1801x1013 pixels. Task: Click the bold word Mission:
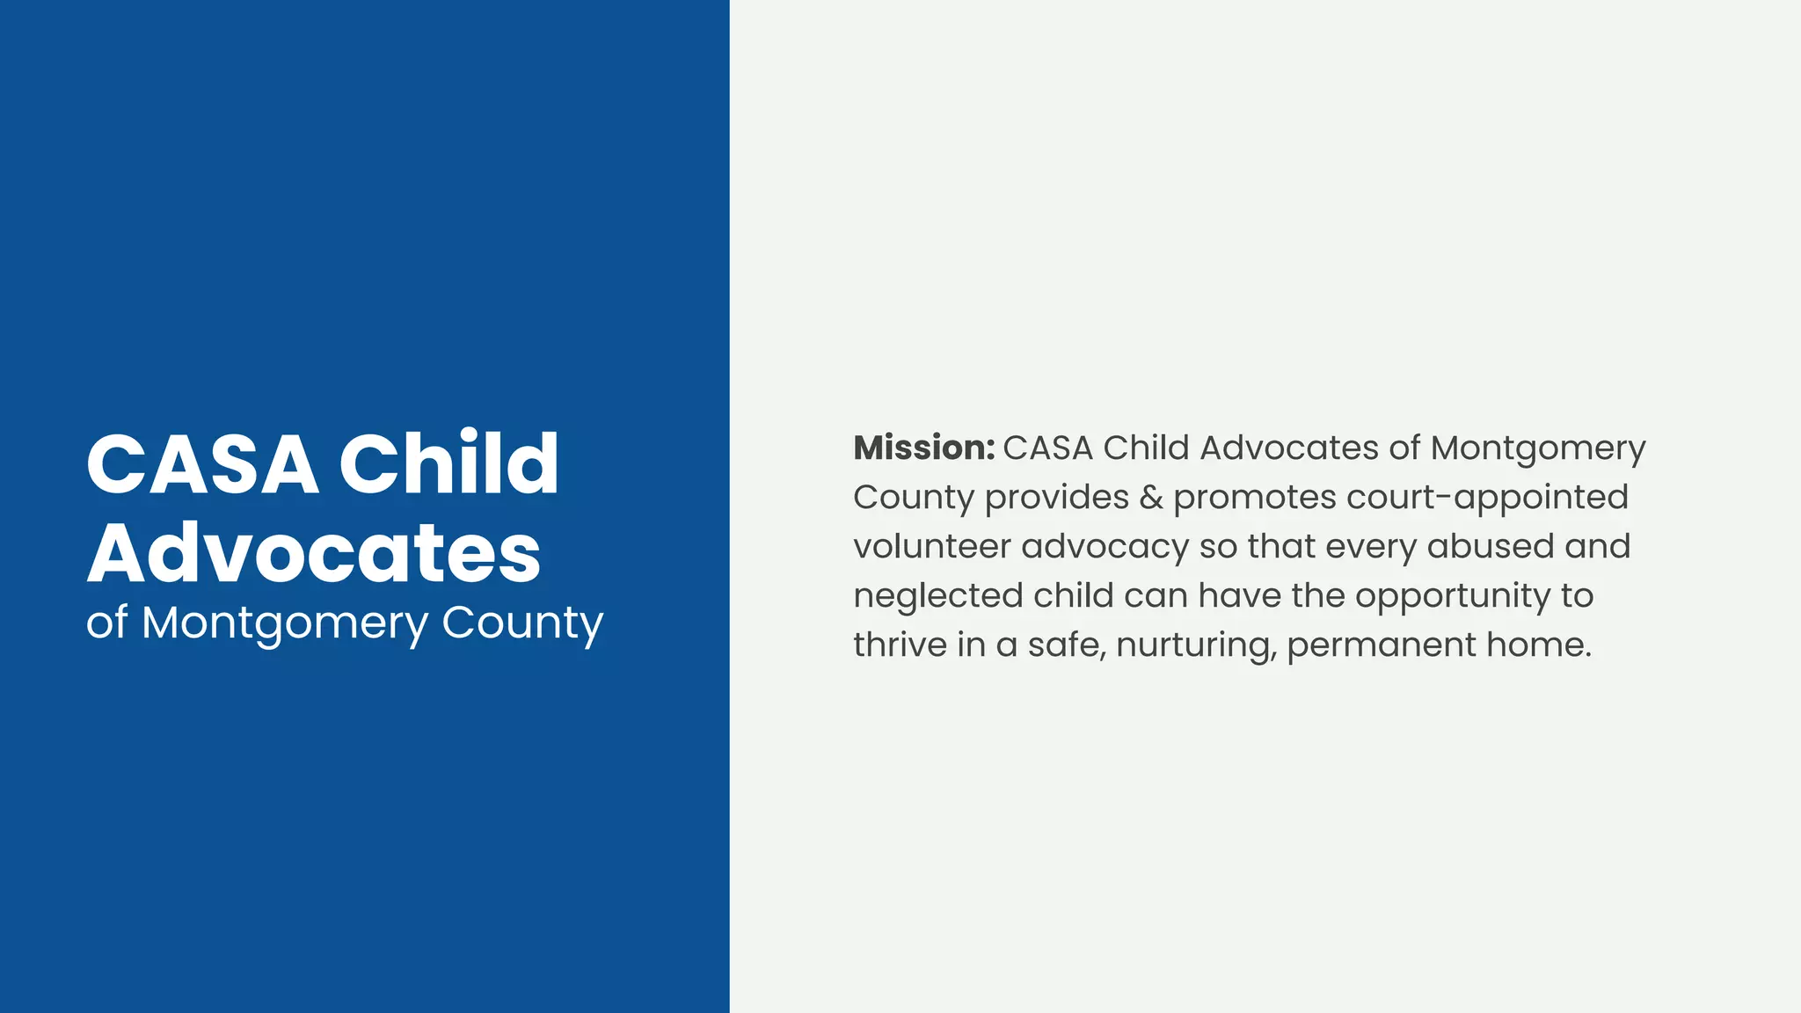click(x=923, y=448)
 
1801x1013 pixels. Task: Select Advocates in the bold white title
click(x=314, y=554)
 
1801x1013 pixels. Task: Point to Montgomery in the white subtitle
click(x=284, y=624)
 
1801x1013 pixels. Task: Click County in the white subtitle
click(x=522, y=624)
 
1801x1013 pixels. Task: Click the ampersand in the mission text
click(x=1151, y=498)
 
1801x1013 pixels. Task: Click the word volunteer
click(x=932, y=547)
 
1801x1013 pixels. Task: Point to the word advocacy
click(x=1105, y=547)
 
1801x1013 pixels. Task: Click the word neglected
click(x=938, y=596)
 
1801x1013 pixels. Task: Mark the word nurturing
click(x=1196, y=645)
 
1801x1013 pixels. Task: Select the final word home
click(x=1539, y=645)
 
